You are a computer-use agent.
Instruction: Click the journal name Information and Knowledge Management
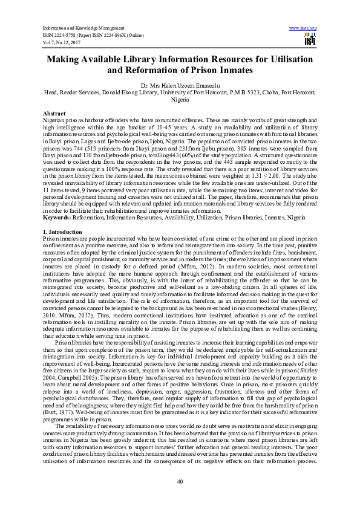(79, 28)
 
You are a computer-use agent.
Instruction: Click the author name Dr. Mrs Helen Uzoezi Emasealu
(180, 86)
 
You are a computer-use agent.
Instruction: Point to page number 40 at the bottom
(180, 481)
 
